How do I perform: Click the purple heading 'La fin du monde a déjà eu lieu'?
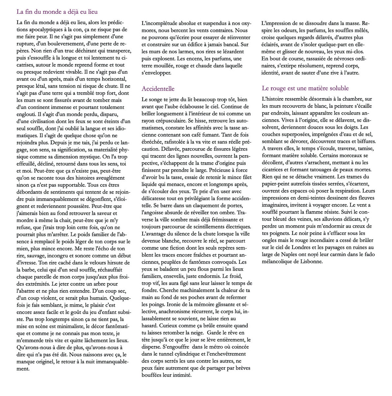[57, 12]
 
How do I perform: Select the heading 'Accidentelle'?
[158, 88]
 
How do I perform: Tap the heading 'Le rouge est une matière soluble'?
[305, 88]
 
